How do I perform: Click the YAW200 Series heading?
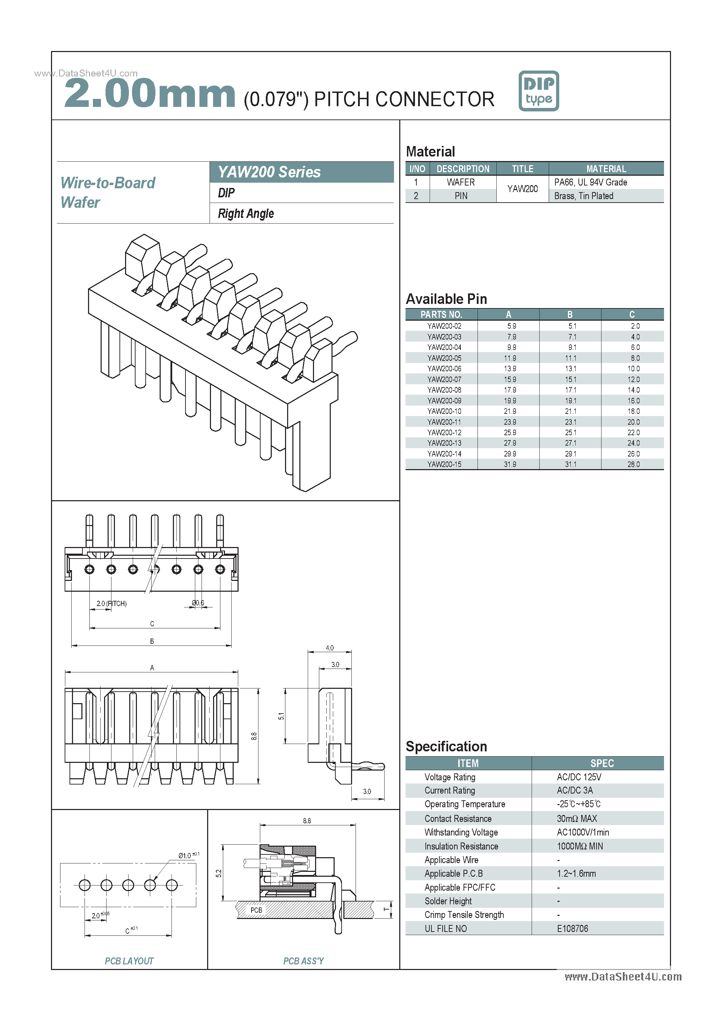click(269, 172)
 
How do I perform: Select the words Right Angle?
click(246, 214)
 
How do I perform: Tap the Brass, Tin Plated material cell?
click(583, 196)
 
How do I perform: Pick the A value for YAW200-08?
click(510, 390)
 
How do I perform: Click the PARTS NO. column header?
click(441, 314)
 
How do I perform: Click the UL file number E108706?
click(572, 928)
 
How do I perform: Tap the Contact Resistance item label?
click(458, 819)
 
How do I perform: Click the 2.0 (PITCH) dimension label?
click(111, 604)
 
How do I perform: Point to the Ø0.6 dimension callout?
click(198, 603)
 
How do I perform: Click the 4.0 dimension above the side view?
click(329, 648)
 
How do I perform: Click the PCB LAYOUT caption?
click(129, 961)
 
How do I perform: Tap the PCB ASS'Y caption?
click(303, 961)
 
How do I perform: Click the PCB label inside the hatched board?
click(256, 910)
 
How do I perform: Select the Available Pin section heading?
click(446, 299)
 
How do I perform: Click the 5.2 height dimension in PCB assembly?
click(218, 873)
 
